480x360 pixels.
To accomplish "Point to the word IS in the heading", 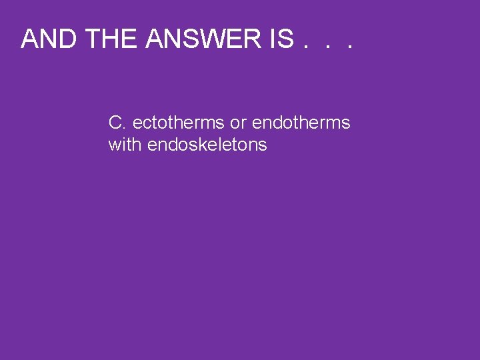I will point(282,39).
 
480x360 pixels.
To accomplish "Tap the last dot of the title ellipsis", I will point(347,49).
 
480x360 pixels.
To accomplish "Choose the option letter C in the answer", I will point(115,123).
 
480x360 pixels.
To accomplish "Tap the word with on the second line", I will point(125,145).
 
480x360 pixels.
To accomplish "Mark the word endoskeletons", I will point(207,145).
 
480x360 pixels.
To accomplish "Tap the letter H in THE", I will point(113,39).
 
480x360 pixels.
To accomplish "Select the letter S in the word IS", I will point(286,39).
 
